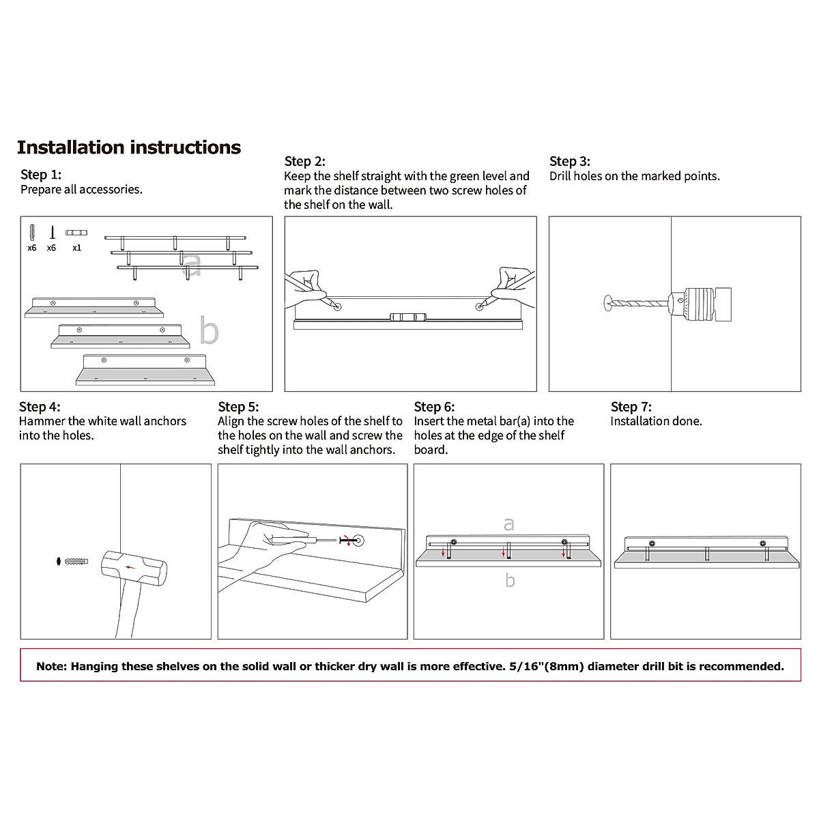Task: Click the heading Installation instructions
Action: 129,147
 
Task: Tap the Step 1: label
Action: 41,175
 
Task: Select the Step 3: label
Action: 570,161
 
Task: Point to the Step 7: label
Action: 631,407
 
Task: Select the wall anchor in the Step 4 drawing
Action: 76,562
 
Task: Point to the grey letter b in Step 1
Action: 210,331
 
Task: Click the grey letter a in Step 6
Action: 508,524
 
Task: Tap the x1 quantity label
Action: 76,248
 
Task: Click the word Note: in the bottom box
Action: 52,666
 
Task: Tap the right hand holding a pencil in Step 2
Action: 513,283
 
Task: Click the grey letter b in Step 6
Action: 510,581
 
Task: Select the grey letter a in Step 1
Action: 193,266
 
